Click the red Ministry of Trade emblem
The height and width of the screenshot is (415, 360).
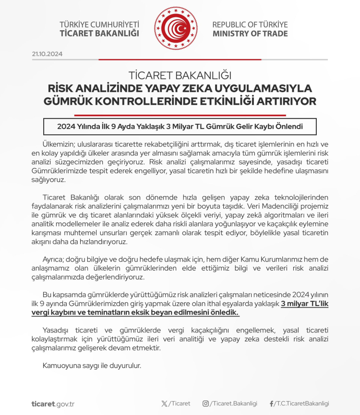[176, 28]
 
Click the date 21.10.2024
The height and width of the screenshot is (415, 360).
[47, 54]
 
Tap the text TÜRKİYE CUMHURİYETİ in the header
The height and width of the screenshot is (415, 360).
[99, 24]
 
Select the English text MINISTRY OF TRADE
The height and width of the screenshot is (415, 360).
[250, 34]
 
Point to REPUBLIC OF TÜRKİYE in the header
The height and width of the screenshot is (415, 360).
[250, 24]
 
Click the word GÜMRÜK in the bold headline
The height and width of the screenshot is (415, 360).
[70, 102]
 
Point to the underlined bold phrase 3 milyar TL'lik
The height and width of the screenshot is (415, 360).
[304, 304]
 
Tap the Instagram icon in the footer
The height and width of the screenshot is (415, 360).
[205, 403]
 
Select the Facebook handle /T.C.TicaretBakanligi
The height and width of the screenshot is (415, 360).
[302, 403]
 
